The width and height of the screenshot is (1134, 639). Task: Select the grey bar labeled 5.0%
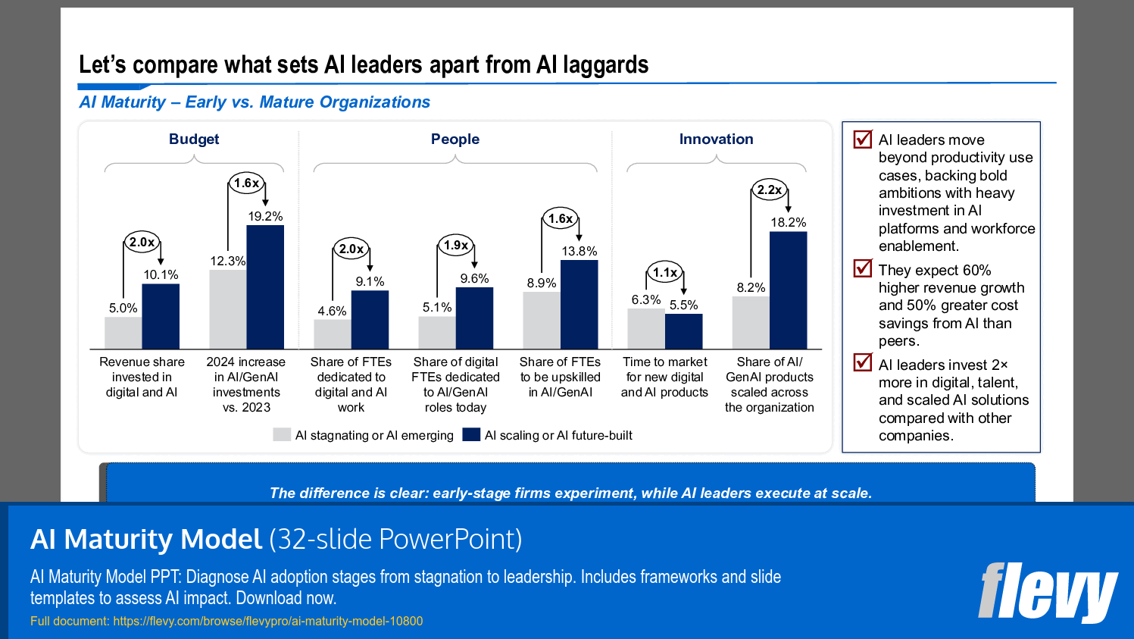(x=123, y=333)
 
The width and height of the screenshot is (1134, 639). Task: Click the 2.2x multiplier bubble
(x=769, y=190)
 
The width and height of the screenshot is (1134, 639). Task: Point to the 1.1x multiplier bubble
(x=664, y=272)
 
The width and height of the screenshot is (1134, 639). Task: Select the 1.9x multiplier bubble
(x=455, y=245)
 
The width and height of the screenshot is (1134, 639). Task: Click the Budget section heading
(x=194, y=139)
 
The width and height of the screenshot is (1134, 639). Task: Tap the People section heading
(x=455, y=139)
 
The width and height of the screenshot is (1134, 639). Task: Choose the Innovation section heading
(x=716, y=139)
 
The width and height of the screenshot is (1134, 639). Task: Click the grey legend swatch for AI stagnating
(x=282, y=435)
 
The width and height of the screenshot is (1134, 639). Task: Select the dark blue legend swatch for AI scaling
(x=471, y=435)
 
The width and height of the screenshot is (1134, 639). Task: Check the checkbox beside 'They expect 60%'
(x=862, y=268)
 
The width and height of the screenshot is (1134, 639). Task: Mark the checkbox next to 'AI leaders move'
(x=862, y=139)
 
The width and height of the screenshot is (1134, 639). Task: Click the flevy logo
(x=1047, y=592)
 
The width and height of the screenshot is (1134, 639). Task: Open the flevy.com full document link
(x=267, y=622)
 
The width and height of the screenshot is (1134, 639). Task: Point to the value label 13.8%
(x=579, y=251)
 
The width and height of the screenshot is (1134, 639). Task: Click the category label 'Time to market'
(x=664, y=362)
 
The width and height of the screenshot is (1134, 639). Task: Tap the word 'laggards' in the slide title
(x=605, y=65)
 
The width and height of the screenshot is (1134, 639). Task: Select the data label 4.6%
(x=332, y=311)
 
